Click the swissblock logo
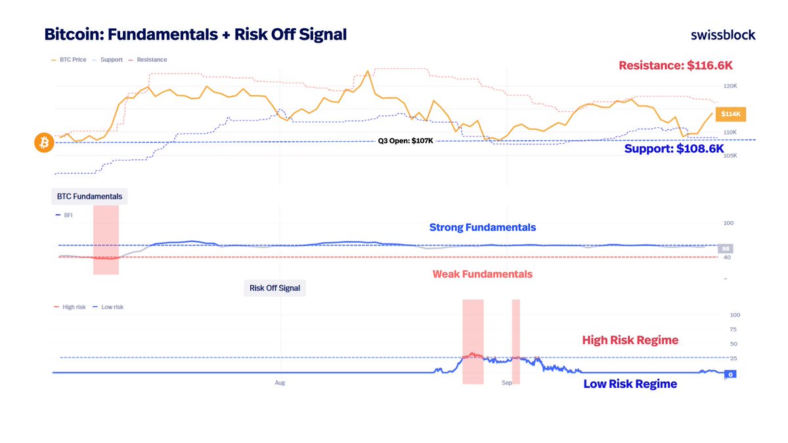tap(723, 35)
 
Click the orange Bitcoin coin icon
tap(44, 142)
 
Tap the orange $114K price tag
tap(731, 114)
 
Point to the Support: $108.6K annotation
tap(674, 149)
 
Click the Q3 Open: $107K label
tap(405, 140)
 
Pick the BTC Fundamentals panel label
tap(89, 196)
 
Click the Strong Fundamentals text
tap(482, 228)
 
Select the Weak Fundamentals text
tap(482, 274)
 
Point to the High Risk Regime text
tap(630, 340)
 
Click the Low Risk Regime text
tap(630, 384)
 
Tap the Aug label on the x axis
tap(280, 382)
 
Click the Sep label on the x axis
tap(506, 382)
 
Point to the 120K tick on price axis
tap(730, 86)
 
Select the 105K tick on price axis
tap(730, 156)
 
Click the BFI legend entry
tap(68, 215)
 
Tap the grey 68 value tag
tap(726, 249)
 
